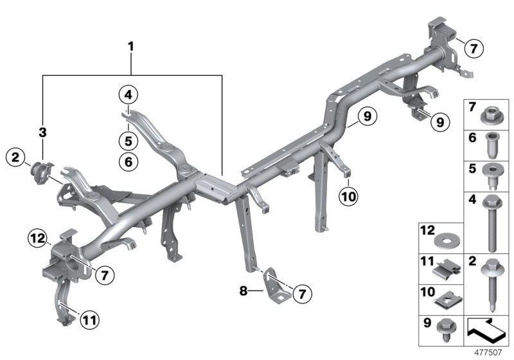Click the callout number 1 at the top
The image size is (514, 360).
click(x=131, y=46)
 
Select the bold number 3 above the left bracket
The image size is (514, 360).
click(x=44, y=132)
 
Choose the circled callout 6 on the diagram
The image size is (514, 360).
click(x=128, y=163)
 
